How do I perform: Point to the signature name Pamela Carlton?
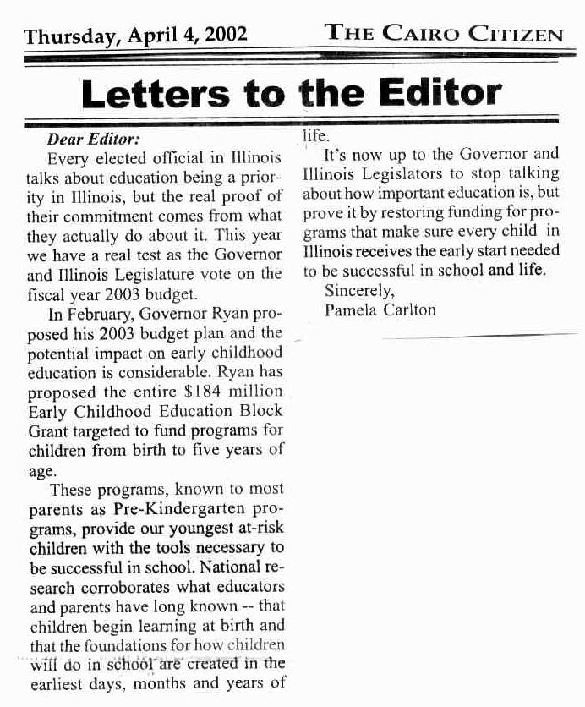point(380,309)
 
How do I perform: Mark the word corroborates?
point(121,587)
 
